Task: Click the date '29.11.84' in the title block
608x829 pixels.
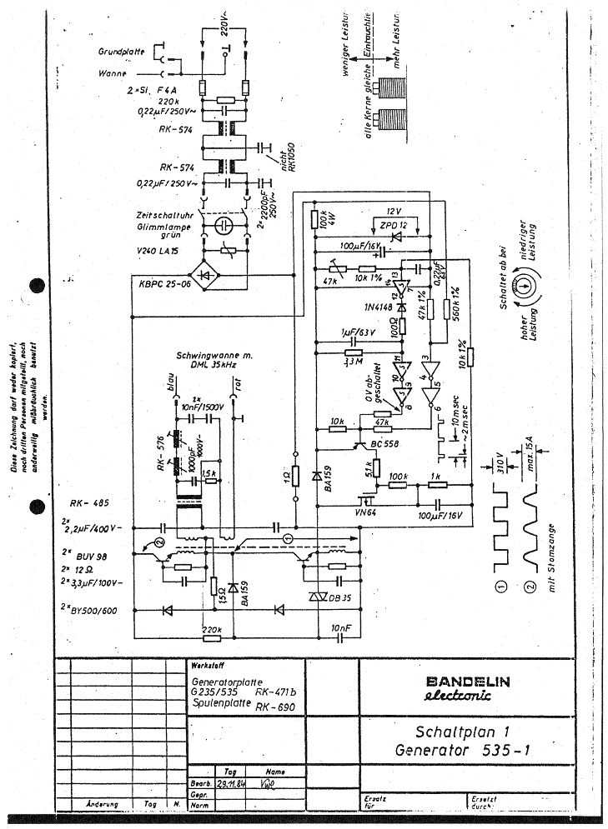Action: [226, 784]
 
